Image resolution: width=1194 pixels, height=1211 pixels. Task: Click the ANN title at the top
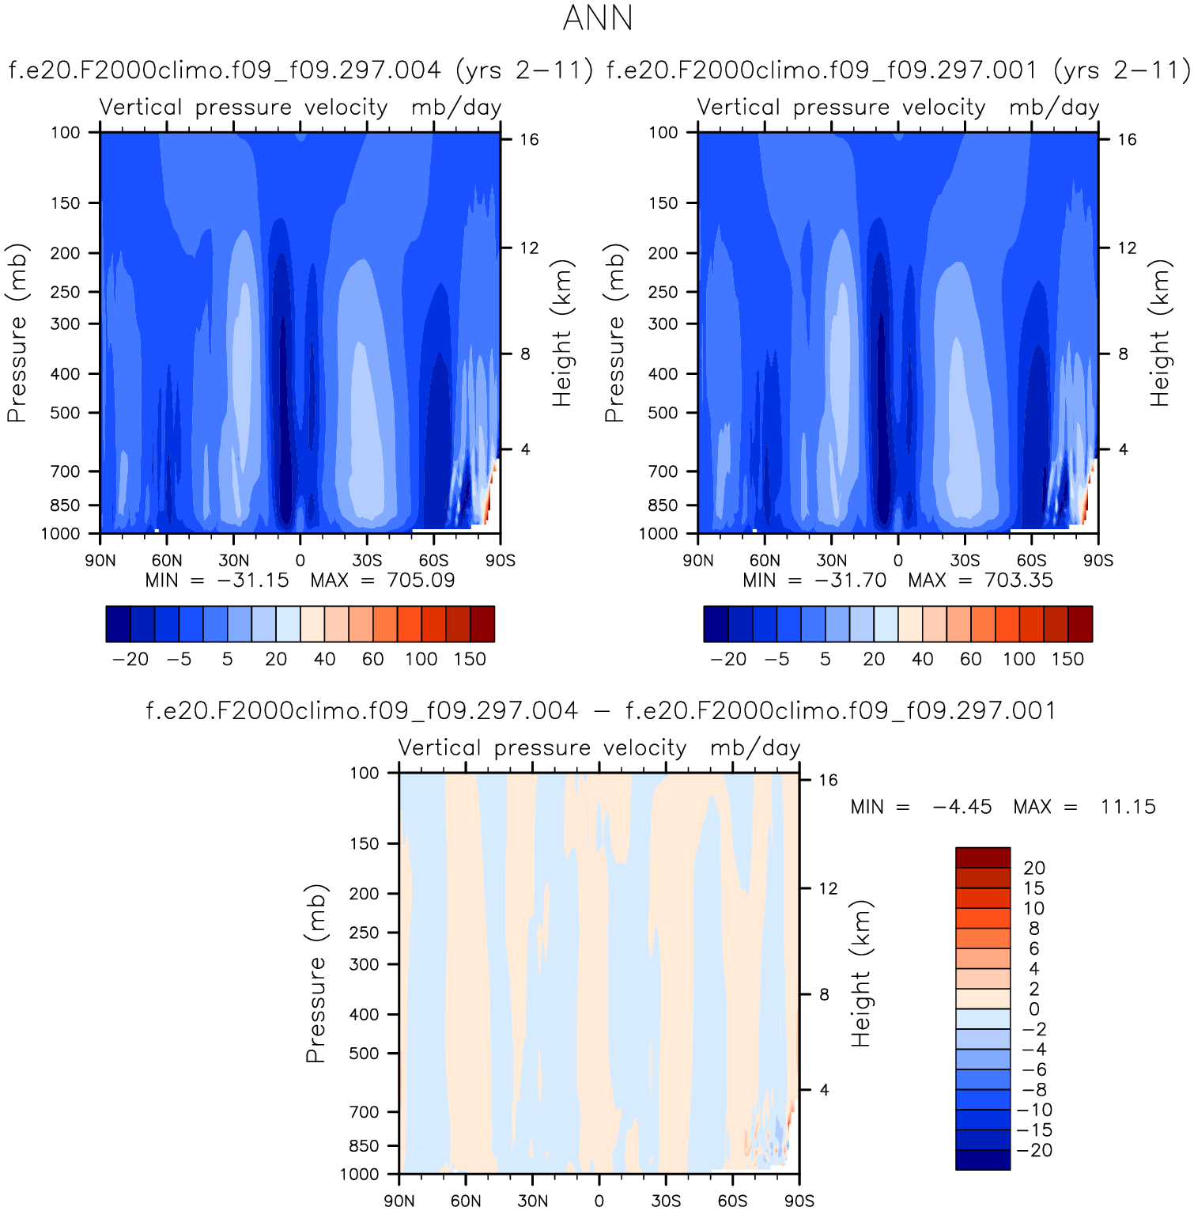[598, 19]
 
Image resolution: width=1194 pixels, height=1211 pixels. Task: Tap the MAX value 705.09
[421, 581]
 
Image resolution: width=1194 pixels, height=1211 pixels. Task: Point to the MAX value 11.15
[1128, 807]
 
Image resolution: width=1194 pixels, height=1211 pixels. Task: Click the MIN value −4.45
[962, 807]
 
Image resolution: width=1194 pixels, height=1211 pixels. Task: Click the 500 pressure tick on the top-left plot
[66, 413]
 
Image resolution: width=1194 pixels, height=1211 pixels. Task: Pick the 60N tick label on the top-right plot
[765, 561]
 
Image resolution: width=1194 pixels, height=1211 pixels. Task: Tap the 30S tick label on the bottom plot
[666, 1201]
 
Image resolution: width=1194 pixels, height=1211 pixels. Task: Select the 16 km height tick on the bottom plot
[828, 781]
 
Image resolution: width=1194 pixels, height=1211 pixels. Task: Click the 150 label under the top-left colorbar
[470, 660]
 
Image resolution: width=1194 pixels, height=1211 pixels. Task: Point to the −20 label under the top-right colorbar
[728, 660]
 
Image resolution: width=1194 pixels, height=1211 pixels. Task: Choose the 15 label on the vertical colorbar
[1033, 888]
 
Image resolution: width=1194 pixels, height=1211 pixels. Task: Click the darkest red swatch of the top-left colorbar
[482, 623]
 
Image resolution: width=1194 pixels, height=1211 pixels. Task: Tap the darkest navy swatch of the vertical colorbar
[983, 1160]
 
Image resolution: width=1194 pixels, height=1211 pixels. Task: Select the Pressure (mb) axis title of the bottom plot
[316, 973]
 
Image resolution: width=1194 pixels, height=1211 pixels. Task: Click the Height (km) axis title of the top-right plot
[1159, 332]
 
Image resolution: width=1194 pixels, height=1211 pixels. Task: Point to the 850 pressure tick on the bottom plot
[365, 1146]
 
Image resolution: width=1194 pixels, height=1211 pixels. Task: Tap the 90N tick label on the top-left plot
[100, 561]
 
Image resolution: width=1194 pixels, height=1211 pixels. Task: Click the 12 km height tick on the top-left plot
[529, 248]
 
